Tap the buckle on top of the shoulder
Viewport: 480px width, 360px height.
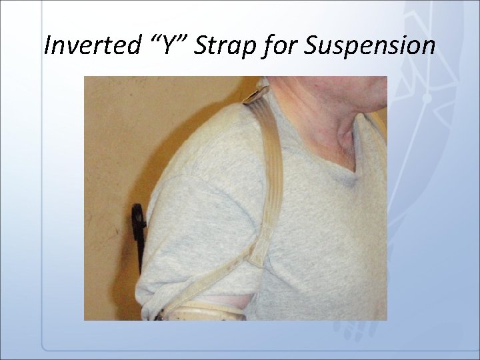click(x=257, y=97)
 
